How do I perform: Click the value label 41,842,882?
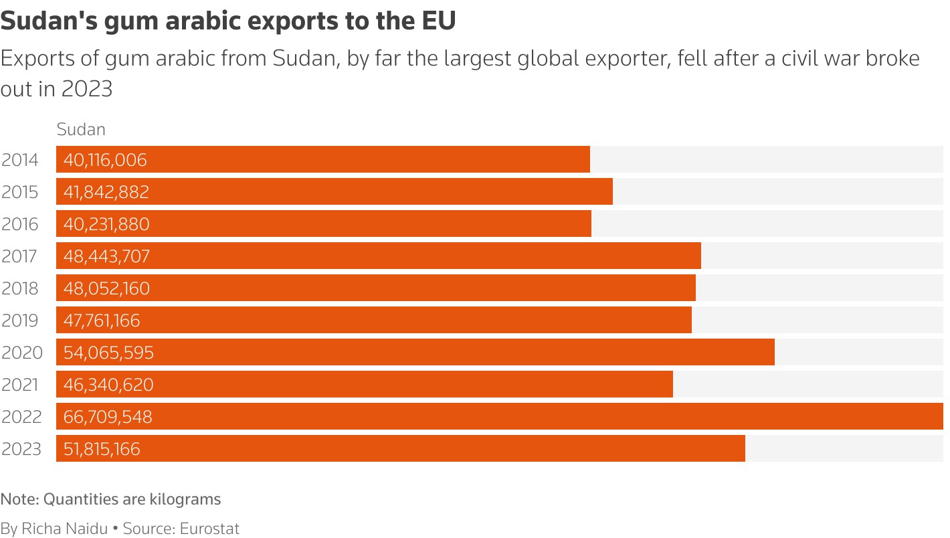tap(106, 193)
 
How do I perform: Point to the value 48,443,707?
tap(106, 256)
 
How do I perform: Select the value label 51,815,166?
tap(102, 449)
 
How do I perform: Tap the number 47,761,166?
tap(102, 321)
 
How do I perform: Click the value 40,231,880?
tap(106, 224)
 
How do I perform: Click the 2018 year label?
tap(20, 288)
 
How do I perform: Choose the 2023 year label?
tap(21, 449)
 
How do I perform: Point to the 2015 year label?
tap(20, 192)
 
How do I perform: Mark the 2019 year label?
tap(20, 321)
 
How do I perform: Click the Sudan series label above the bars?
tap(81, 129)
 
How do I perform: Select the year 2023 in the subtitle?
tap(87, 88)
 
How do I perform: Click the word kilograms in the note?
tap(187, 499)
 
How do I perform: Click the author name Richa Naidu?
tap(65, 529)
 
